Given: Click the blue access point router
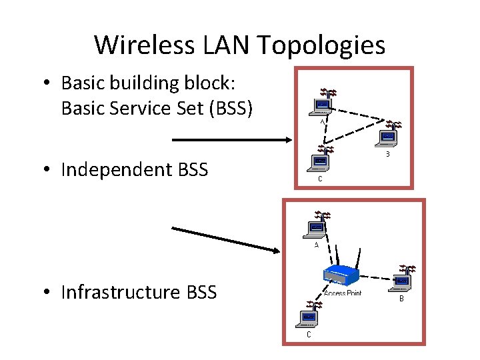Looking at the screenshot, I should pyautogui.click(x=341, y=274).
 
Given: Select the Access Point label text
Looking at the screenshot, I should pyautogui.click(x=342, y=293).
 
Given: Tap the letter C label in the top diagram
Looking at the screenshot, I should pyautogui.click(x=320, y=179).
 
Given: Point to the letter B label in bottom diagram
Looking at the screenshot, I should pyautogui.click(x=401, y=299).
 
